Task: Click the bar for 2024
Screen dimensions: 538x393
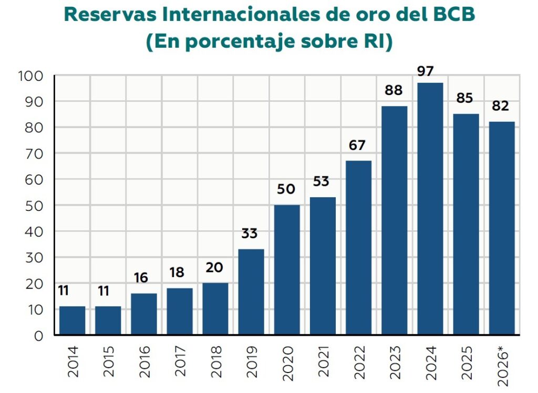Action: [430, 209]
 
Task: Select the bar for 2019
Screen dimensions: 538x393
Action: [251, 292]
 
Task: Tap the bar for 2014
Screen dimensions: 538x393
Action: [72, 321]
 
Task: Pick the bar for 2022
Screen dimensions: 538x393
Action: [358, 248]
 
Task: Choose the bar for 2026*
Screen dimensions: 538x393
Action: [502, 228]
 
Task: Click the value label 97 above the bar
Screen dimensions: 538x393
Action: [426, 71]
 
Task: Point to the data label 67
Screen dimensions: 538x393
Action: [357, 145]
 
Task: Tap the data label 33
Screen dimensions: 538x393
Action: [250, 233]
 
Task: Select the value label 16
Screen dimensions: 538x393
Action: [141, 278]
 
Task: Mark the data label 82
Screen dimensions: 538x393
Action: [500, 105]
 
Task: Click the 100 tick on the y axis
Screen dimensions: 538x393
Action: [31, 76]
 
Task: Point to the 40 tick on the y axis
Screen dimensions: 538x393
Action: [34, 232]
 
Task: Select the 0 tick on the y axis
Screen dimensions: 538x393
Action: [39, 336]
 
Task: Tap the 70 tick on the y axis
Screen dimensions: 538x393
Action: [34, 154]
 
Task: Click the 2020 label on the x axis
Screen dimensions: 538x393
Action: [288, 363]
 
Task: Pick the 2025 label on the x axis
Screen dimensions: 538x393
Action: [467, 363]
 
